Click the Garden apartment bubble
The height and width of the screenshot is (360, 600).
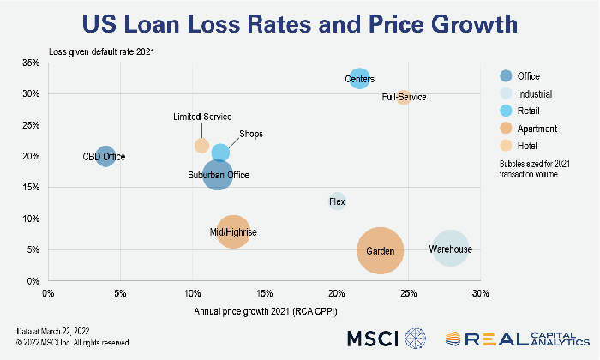(x=381, y=250)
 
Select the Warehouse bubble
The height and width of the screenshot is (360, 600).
(x=451, y=249)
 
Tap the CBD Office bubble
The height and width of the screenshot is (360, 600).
(x=105, y=156)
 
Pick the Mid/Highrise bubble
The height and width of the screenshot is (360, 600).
(x=233, y=231)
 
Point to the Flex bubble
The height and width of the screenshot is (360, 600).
(x=338, y=202)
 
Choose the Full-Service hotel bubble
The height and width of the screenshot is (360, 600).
(x=404, y=98)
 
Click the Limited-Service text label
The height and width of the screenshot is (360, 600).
(x=202, y=117)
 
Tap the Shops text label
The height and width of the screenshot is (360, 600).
(x=251, y=135)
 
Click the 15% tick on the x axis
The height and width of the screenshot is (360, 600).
(x=264, y=293)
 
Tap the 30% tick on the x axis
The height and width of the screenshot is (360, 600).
(x=479, y=293)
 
